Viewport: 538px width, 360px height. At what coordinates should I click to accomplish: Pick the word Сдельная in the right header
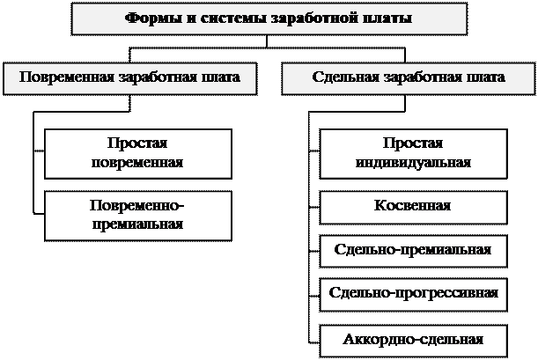pyautogui.click(x=340, y=77)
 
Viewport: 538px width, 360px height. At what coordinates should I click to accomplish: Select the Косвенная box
pyautogui.click(x=412, y=206)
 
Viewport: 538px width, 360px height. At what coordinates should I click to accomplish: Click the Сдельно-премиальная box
pyautogui.click(x=412, y=249)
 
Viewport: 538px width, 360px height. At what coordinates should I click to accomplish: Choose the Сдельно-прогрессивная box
pyautogui.click(x=412, y=293)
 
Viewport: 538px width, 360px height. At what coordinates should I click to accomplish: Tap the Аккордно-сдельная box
pyautogui.click(x=412, y=338)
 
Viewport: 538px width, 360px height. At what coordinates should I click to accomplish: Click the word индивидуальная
pyautogui.click(x=412, y=163)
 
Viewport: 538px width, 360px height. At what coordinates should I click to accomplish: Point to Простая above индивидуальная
pyautogui.click(x=412, y=143)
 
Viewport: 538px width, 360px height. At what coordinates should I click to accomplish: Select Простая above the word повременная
pyautogui.click(x=137, y=143)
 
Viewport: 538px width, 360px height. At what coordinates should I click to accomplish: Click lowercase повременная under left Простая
pyautogui.click(x=137, y=163)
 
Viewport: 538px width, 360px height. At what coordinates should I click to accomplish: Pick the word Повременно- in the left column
pyautogui.click(x=137, y=205)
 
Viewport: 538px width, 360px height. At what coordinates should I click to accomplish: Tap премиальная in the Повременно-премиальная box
pyautogui.click(x=137, y=224)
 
